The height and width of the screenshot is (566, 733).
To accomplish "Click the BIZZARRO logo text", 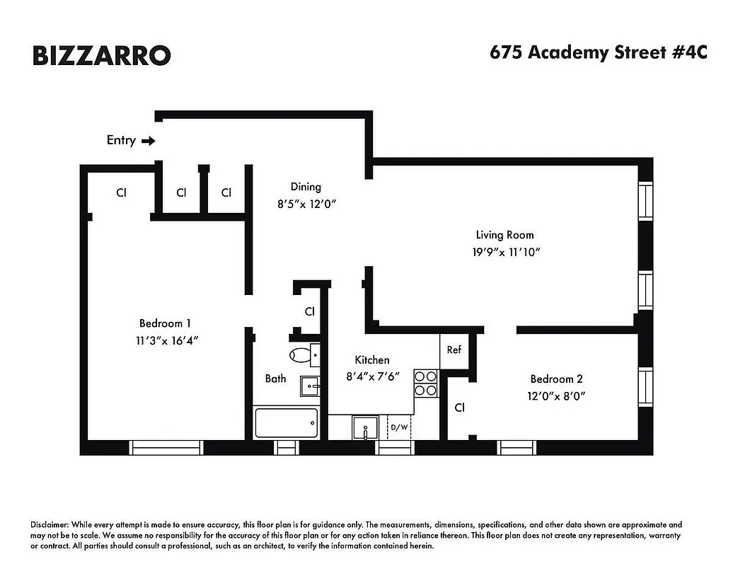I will point(101,54).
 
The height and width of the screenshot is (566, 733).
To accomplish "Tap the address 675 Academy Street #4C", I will point(598,53).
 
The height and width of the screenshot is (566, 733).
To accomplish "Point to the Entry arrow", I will point(149,141).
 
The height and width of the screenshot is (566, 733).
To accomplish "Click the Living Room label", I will point(504,235).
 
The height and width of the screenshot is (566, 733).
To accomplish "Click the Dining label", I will point(306,187).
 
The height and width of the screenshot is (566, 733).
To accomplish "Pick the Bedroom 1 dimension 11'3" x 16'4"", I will point(165,340).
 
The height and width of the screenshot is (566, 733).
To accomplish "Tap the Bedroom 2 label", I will point(557,379).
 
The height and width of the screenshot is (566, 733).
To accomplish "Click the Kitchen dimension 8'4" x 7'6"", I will point(372,376).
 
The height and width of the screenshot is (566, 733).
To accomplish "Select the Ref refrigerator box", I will point(454,350).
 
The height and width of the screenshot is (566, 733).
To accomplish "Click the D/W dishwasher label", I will point(399,427).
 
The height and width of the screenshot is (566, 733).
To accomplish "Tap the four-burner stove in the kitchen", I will point(425,383).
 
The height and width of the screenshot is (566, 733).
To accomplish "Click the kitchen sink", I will point(366,427).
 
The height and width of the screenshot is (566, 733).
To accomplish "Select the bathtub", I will point(285,424).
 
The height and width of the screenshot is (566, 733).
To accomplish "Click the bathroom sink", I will point(311,386).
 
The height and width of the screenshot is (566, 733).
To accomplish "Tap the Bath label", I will point(275,379).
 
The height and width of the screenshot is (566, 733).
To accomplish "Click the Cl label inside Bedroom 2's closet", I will point(460,408).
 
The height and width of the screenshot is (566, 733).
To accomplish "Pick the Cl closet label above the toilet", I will point(310,311).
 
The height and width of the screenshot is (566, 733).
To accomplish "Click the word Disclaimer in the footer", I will point(49,525).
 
